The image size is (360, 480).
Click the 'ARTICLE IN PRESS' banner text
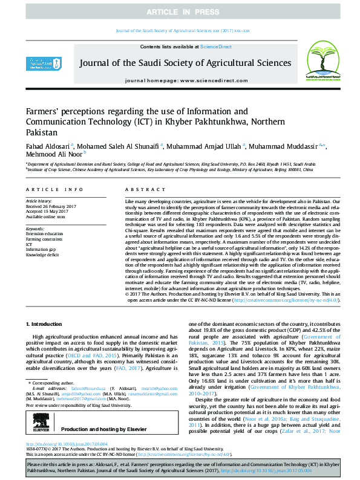180,12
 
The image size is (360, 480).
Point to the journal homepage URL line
180,80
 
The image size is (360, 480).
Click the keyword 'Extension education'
44,232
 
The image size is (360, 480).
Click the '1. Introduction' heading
45,325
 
